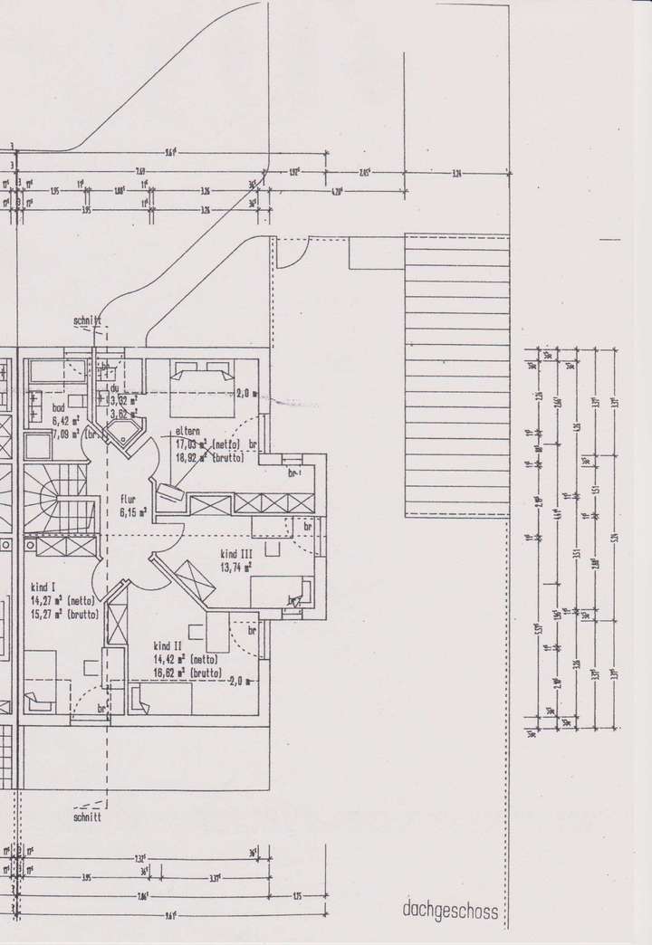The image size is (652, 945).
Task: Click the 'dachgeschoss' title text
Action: (450, 912)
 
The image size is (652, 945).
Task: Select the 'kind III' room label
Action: (235, 552)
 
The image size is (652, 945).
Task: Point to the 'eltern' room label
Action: (188, 432)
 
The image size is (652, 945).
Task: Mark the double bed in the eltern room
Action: (200, 379)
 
